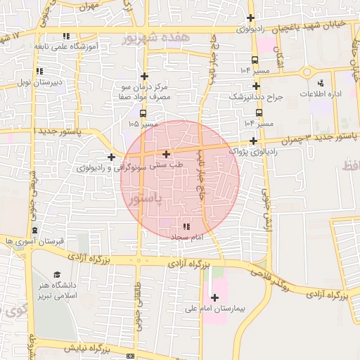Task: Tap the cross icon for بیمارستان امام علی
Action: click(214, 297)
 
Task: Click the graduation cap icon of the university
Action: click(57, 275)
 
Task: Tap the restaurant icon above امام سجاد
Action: click(186, 226)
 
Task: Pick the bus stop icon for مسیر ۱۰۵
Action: click(143, 113)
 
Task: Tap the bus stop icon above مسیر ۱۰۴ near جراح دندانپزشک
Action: click(259, 112)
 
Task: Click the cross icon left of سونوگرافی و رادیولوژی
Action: click(111, 156)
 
